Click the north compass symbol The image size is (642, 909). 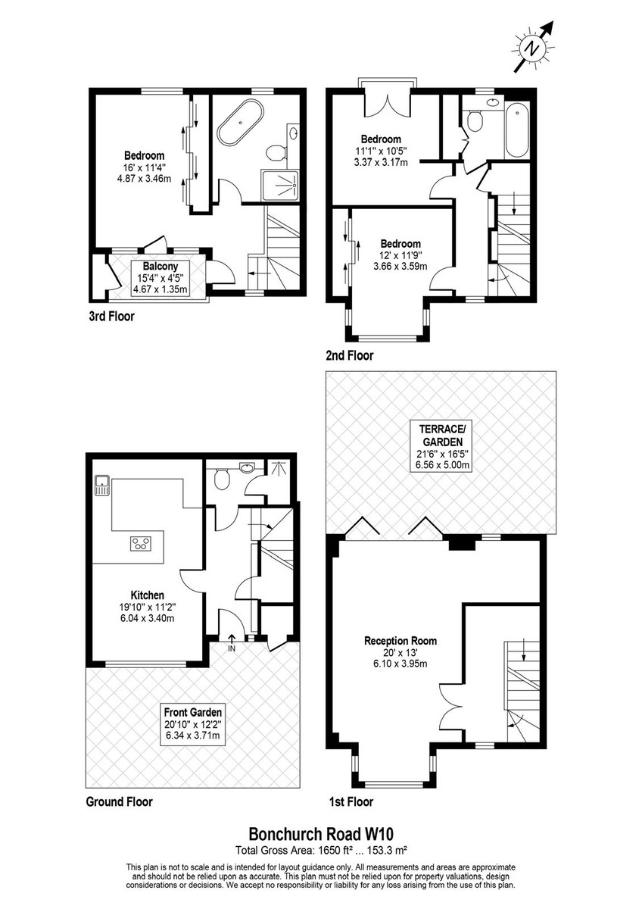[x=533, y=48]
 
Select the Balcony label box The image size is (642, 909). [x=160, y=278]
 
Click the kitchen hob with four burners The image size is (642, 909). [x=141, y=543]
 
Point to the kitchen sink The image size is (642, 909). [x=101, y=486]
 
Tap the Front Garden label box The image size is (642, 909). [x=192, y=724]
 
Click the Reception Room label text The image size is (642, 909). [x=400, y=641]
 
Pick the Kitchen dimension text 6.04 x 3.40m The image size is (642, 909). [x=147, y=618]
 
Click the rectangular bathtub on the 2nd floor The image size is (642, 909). [x=517, y=130]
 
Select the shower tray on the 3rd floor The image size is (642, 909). [x=280, y=186]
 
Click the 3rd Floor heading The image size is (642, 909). [x=111, y=316]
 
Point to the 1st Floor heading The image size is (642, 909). [x=351, y=801]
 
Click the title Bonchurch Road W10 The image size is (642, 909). [x=321, y=834]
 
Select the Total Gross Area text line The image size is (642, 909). [x=321, y=850]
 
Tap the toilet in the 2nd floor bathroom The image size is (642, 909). [x=474, y=120]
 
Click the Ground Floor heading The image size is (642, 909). [x=119, y=801]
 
